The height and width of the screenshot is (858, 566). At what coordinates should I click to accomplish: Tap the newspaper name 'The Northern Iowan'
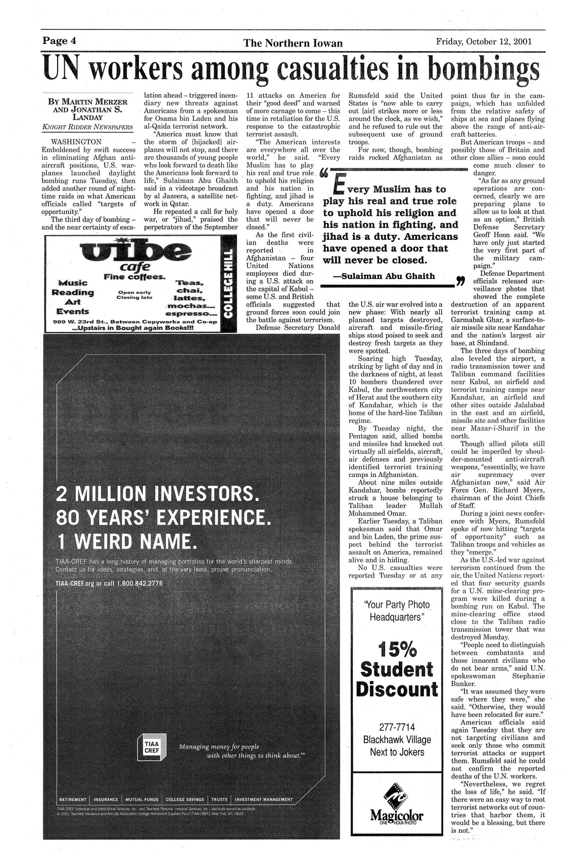click(x=286, y=44)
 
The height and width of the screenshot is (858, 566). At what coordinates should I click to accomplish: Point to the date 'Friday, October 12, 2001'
click(x=483, y=42)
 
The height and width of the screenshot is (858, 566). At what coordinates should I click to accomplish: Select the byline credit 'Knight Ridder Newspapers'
click(x=85, y=126)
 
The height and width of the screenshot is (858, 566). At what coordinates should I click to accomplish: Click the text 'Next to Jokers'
click(x=397, y=752)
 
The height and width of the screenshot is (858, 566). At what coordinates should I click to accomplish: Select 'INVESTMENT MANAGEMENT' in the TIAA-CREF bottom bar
click(x=263, y=800)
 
